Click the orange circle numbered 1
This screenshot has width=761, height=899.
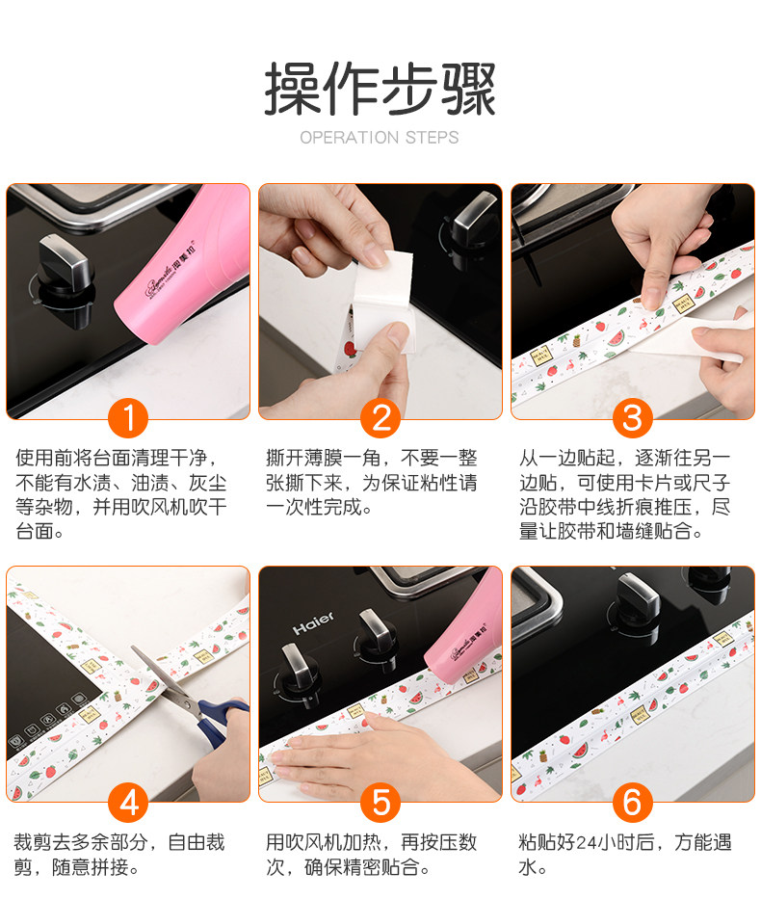click(x=128, y=417)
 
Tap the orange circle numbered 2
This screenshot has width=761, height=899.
click(x=380, y=417)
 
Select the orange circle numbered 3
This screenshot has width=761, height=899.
click(x=633, y=417)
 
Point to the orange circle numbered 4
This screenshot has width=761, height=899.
click(x=128, y=802)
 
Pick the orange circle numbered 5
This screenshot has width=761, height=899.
click(x=380, y=802)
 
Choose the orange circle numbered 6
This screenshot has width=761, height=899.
click(x=633, y=802)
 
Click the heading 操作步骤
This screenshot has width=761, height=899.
click(x=380, y=90)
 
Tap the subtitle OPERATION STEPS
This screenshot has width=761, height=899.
click(x=380, y=138)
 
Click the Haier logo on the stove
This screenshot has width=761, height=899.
click(x=313, y=623)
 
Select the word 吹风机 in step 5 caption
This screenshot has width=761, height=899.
click(x=314, y=842)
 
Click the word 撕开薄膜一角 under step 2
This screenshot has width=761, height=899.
click(x=324, y=458)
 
